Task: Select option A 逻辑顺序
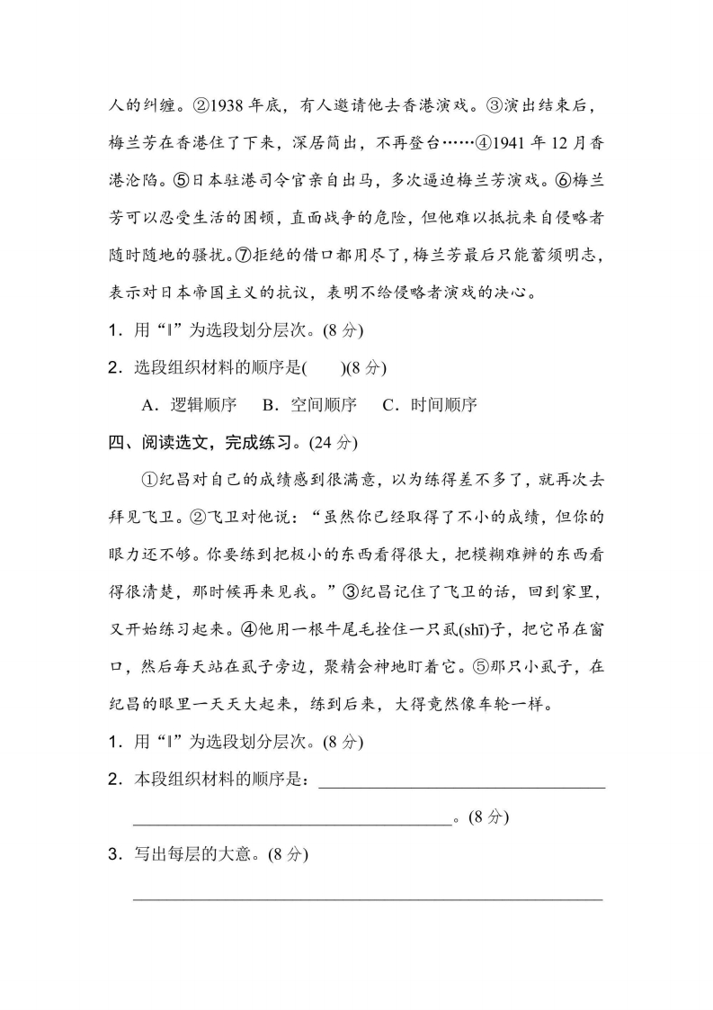pos(188,404)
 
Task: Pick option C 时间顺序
pos(429,404)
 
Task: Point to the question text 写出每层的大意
pos(199,854)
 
